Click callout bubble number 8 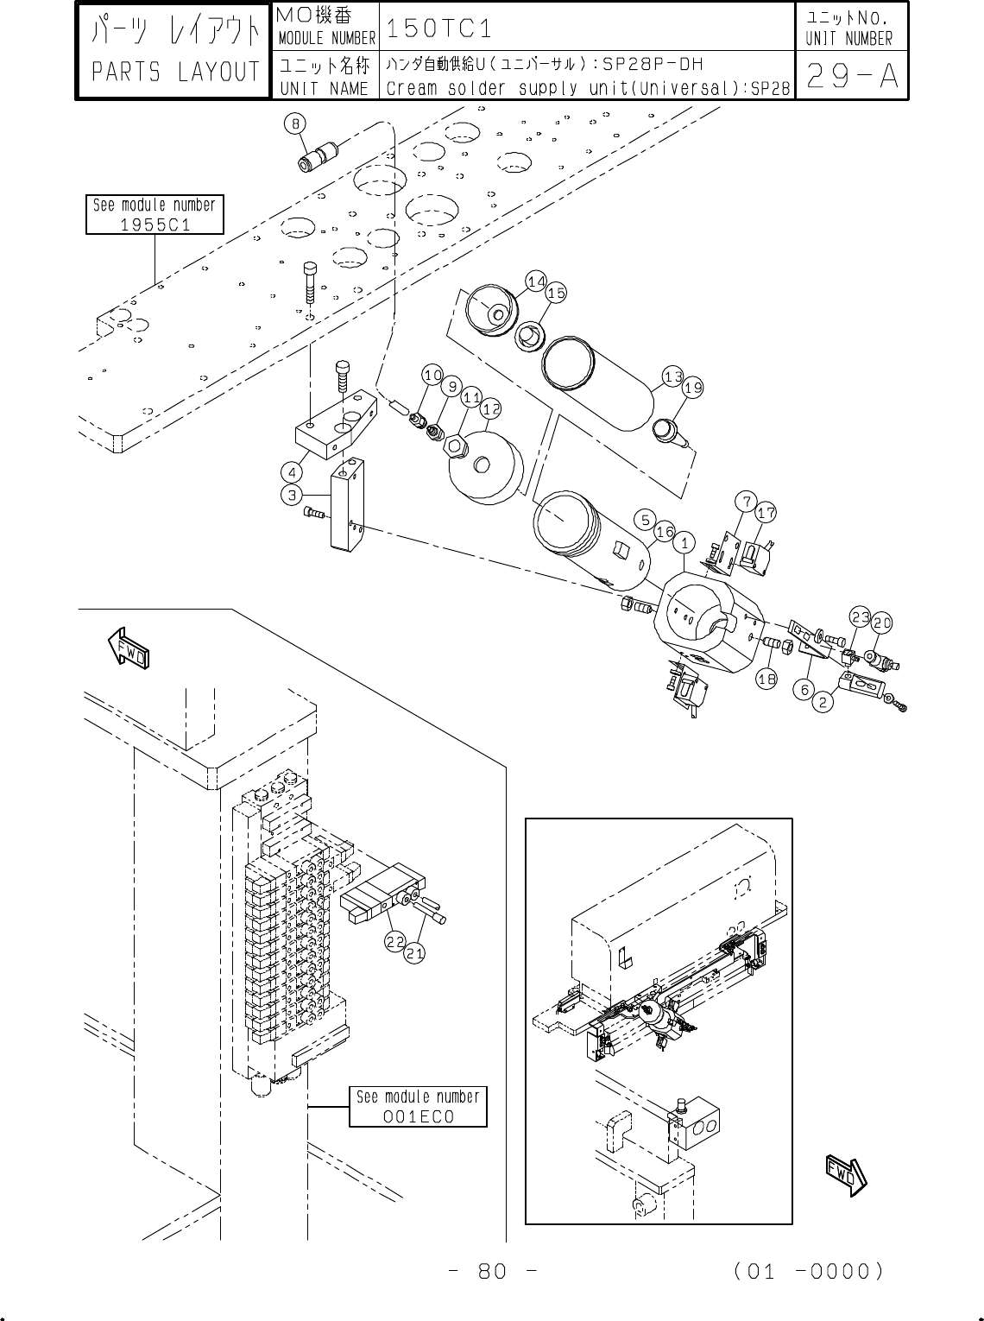click(295, 123)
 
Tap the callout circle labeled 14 click(536, 281)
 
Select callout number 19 click(693, 388)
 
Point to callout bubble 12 click(491, 408)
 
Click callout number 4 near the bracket click(292, 473)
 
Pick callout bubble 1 click(684, 542)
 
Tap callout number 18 click(766, 679)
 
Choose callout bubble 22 click(395, 942)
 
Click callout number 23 click(860, 616)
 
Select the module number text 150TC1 click(439, 28)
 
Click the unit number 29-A click(851, 75)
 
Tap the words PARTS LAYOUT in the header click(175, 72)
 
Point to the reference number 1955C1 click(155, 224)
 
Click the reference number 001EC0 click(418, 1116)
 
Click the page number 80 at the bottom click(493, 1272)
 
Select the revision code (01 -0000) click(809, 1272)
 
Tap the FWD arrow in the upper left click(128, 648)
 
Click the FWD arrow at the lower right click(846, 1175)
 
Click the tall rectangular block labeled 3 click(347, 504)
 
